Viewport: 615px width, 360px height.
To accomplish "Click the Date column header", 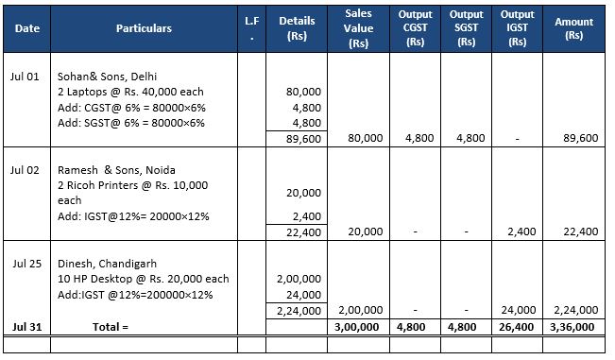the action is pyautogui.click(x=27, y=28).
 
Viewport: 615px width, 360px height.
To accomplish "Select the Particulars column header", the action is pyautogui.click(x=144, y=28).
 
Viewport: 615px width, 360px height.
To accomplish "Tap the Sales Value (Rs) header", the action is pyautogui.click(x=358, y=28).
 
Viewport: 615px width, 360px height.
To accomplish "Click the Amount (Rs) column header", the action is pyautogui.click(x=573, y=28).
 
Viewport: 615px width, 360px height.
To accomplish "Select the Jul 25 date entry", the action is pyautogui.click(x=27, y=263).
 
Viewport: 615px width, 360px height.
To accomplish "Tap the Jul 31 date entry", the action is pyautogui.click(x=27, y=326).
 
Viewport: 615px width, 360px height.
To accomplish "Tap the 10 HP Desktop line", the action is pyautogui.click(x=142, y=279).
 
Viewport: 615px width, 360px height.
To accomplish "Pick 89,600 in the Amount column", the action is pyautogui.click(x=579, y=138).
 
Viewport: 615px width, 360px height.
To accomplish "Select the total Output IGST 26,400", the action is pyautogui.click(x=520, y=326).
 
